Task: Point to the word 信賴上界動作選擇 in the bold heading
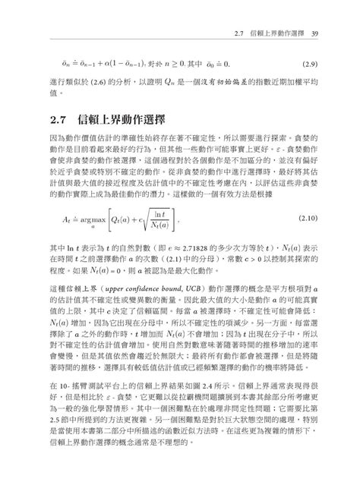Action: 122,120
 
